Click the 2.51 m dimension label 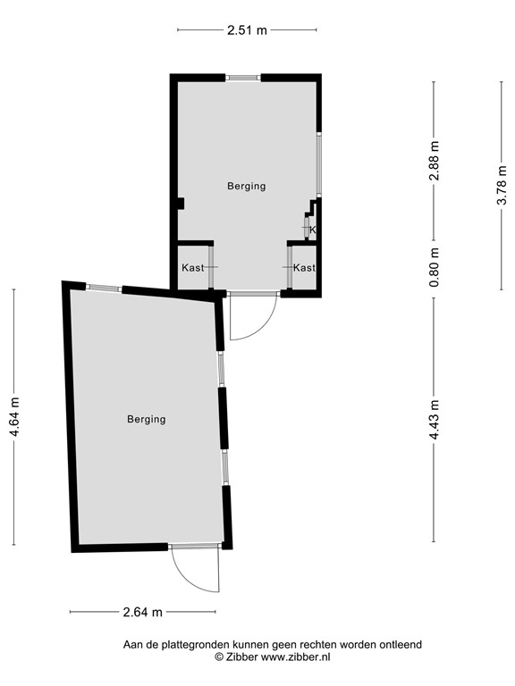pyautogui.click(x=246, y=29)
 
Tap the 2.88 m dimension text pyautogui.click(x=435, y=162)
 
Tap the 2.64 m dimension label pyautogui.click(x=142, y=612)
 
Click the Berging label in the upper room pyautogui.click(x=246, y=186)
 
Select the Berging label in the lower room pyautogui.click(x=146, y=418)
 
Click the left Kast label pyautogui.click(x=192, y=268)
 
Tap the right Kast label pyautogui.click(x=304, y=268)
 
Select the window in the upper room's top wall pyautogui.click(x=243, y=78)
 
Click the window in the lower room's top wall pyautogui.click(x=104, y=288)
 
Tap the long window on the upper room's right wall pyautogui.click(x=318, y=166)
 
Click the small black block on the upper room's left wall pyautogui.click(x=181, y=204)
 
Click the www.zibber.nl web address pyautogui.click(x=295, y=657)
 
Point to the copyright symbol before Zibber pyautogui.click(x=219, y=657)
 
